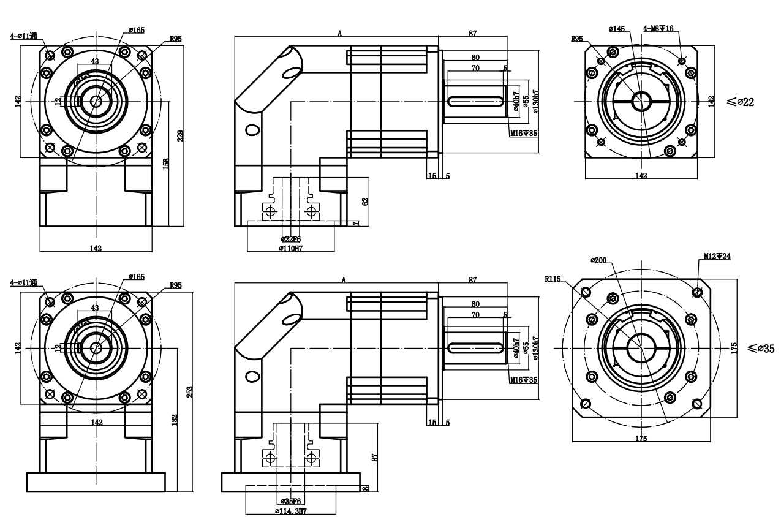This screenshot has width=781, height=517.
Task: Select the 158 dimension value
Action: (x=167, y=164)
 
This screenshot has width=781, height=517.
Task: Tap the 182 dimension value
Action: (x=175, y=419)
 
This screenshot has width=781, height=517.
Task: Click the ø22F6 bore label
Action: (x=290, y=239)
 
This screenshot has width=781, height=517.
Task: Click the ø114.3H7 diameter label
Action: (x=291, y=511)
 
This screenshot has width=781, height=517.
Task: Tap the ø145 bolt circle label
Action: (x=617, y=29)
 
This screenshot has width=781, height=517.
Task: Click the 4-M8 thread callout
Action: (x=657, y=29)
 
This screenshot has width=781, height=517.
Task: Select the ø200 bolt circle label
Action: (x=598, y=260)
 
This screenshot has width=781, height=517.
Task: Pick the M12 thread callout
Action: (x=717, y=256)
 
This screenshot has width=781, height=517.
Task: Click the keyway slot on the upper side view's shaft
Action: (x=477, y=101)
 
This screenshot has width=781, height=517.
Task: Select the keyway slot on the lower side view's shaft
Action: (x=477, y=348)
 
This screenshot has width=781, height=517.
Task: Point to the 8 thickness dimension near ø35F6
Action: (x=366, y=488)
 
